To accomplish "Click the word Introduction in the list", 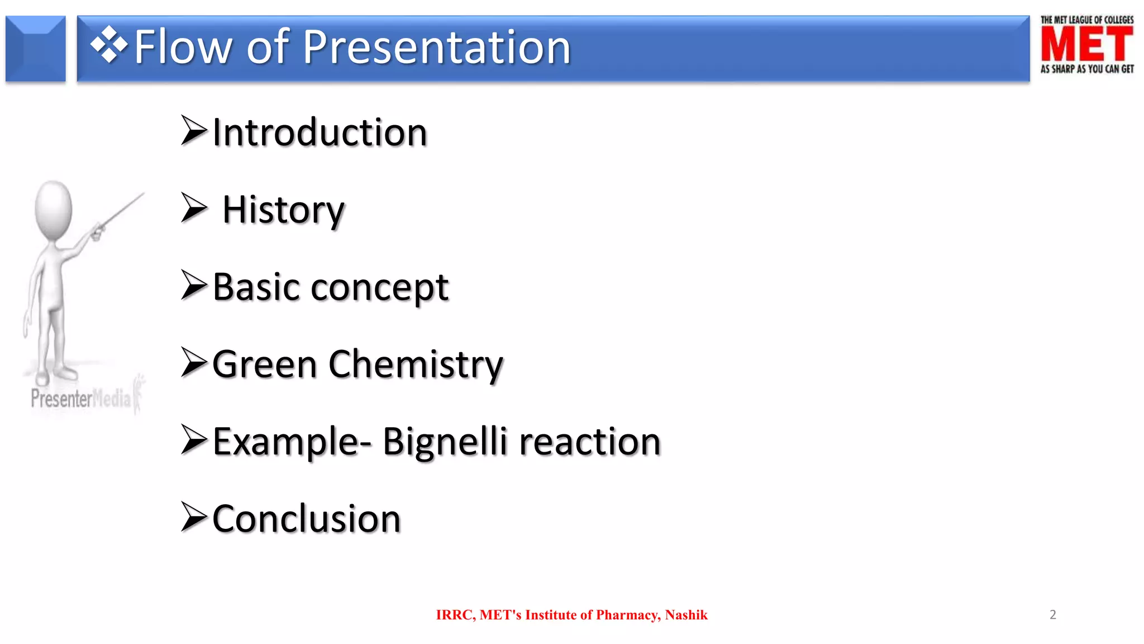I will tap(320, 133).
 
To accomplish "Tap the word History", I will tap(283, 211).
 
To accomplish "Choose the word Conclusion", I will tap(307, 519).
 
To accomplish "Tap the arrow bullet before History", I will tap(193, 208).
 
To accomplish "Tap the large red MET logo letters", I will tap(1086, 45).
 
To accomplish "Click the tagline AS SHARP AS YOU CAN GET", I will tap(1086, 69).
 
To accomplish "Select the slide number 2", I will tap(1052, 615).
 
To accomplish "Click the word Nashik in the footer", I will tap(686, 615).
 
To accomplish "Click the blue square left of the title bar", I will tap(36, 49).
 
